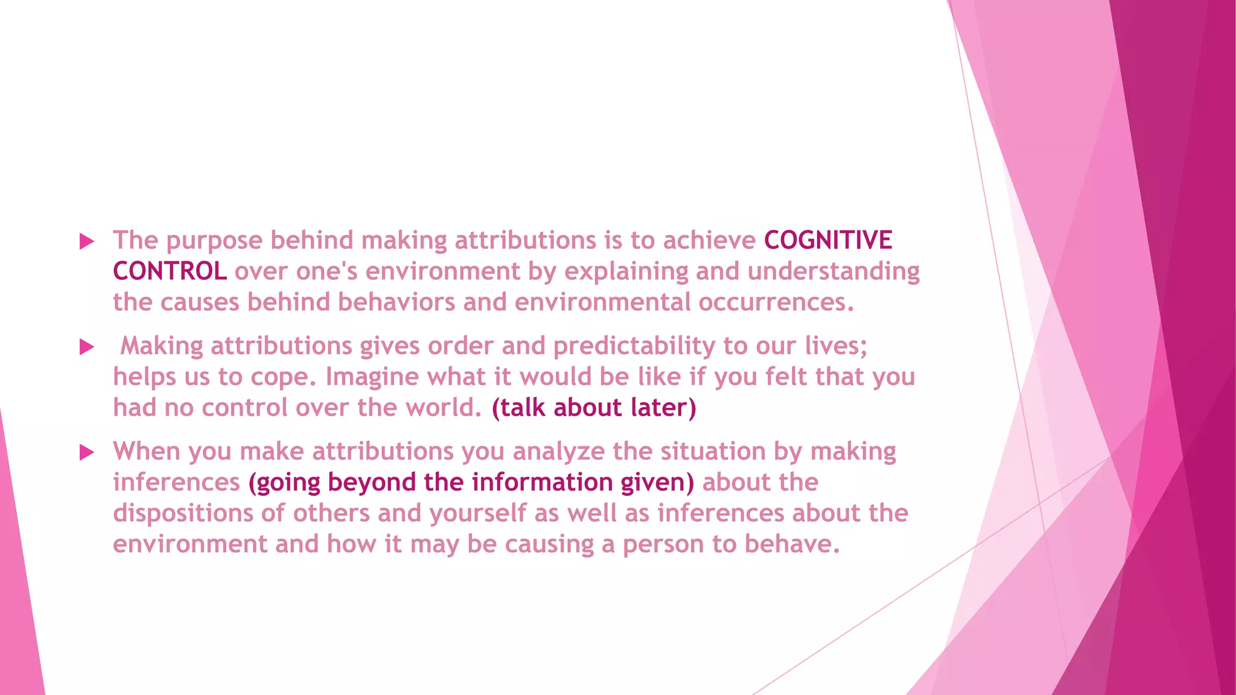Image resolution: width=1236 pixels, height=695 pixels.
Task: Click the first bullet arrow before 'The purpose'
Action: (87, 242)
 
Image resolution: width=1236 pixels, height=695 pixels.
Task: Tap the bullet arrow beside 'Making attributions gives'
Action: (87, 347)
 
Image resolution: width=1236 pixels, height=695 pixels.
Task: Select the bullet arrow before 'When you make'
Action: (87, 452)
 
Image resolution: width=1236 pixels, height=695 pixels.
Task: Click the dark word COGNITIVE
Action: (828, 240)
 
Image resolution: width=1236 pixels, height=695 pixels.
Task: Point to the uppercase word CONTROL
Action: (170, 271)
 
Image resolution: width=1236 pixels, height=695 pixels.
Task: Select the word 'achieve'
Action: (709, 240)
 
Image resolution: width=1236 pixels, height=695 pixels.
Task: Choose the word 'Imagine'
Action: (372, 377)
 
